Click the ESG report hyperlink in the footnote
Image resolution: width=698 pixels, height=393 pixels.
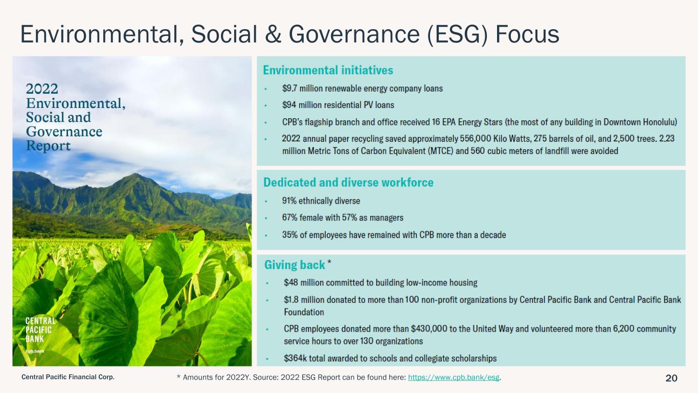454,378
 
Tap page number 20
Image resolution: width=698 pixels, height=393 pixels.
671,378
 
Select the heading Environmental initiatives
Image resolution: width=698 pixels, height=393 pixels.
328,70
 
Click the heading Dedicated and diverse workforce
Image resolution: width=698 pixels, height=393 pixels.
348,183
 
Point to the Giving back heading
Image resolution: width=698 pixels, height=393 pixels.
295,265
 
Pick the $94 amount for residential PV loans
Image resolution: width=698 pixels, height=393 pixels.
289,105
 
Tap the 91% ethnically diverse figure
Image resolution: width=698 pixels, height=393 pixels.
289,201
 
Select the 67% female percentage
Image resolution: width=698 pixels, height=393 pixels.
289,217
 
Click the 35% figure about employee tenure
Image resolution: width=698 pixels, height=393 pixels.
289,235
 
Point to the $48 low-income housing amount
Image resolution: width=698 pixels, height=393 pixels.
291,282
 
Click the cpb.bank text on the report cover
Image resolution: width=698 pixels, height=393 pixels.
35,351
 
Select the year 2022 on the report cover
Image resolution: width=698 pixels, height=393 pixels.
42,89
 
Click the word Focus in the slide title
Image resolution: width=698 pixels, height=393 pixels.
527,34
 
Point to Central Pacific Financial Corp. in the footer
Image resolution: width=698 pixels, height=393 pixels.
68,377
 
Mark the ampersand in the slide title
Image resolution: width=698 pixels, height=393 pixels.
273,34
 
